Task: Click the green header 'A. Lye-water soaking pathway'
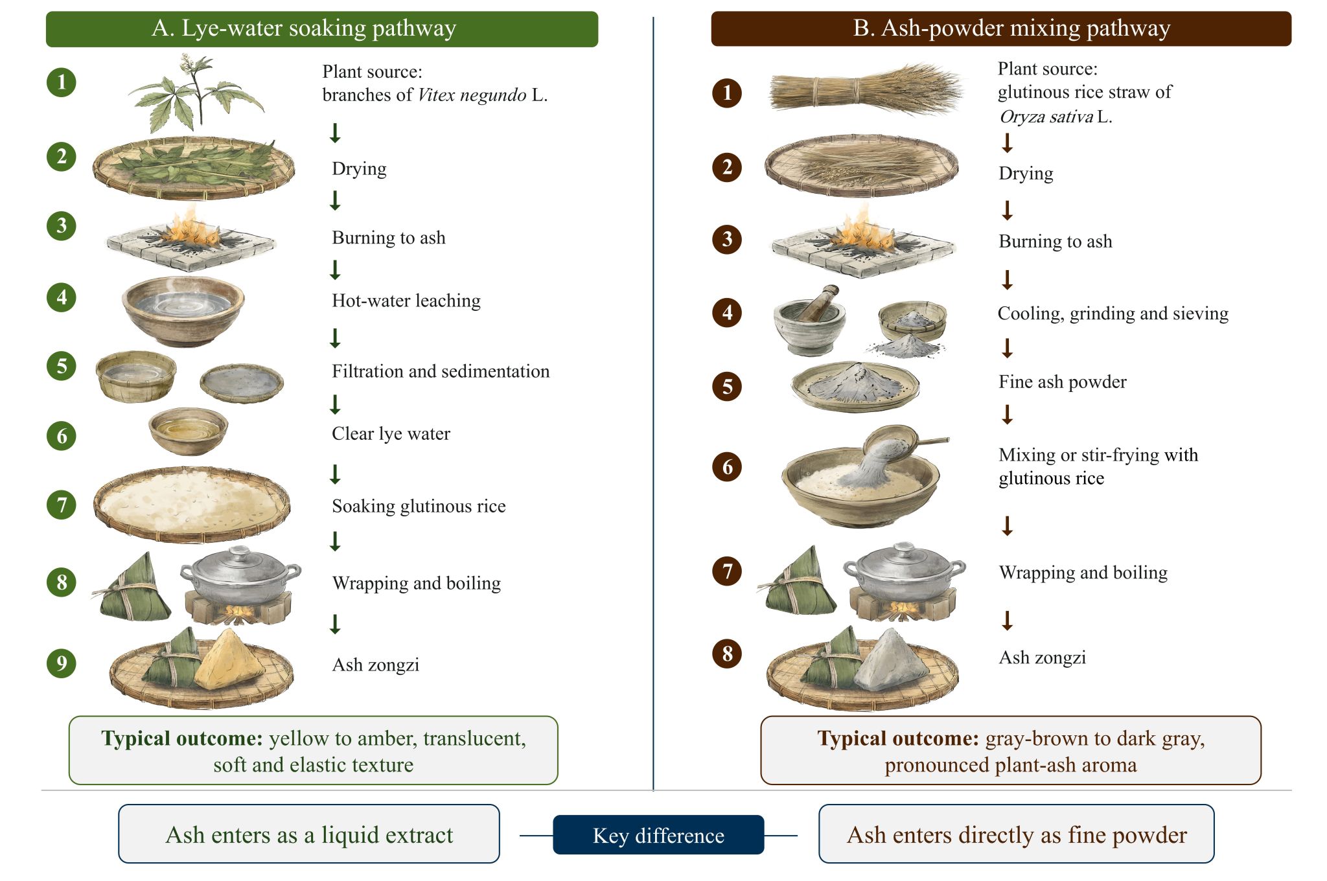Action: (x=322, y=29)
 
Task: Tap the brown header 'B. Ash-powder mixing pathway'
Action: (x=1001, y=29)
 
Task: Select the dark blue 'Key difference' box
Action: (x=658, y=835)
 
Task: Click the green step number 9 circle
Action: (x=62, y=663)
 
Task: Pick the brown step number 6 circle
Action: (x=727, y=466)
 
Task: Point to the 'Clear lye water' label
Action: (x=391, y=433)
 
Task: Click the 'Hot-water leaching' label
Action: (x=406, y=301)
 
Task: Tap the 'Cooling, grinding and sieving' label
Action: (x=1113, y=314)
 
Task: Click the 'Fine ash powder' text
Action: (x=1063, y=382)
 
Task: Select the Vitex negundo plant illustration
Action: (x=196, y=94)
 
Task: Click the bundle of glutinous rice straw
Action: (x=865, y=91)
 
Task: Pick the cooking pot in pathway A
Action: (x=240, y=576)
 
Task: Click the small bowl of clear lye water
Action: (x=189, y=430)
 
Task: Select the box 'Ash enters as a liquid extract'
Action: (x=309, y=834)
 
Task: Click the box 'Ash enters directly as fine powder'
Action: (x=1017, y=834)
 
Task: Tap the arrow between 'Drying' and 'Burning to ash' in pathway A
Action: (x=335, y=201)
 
